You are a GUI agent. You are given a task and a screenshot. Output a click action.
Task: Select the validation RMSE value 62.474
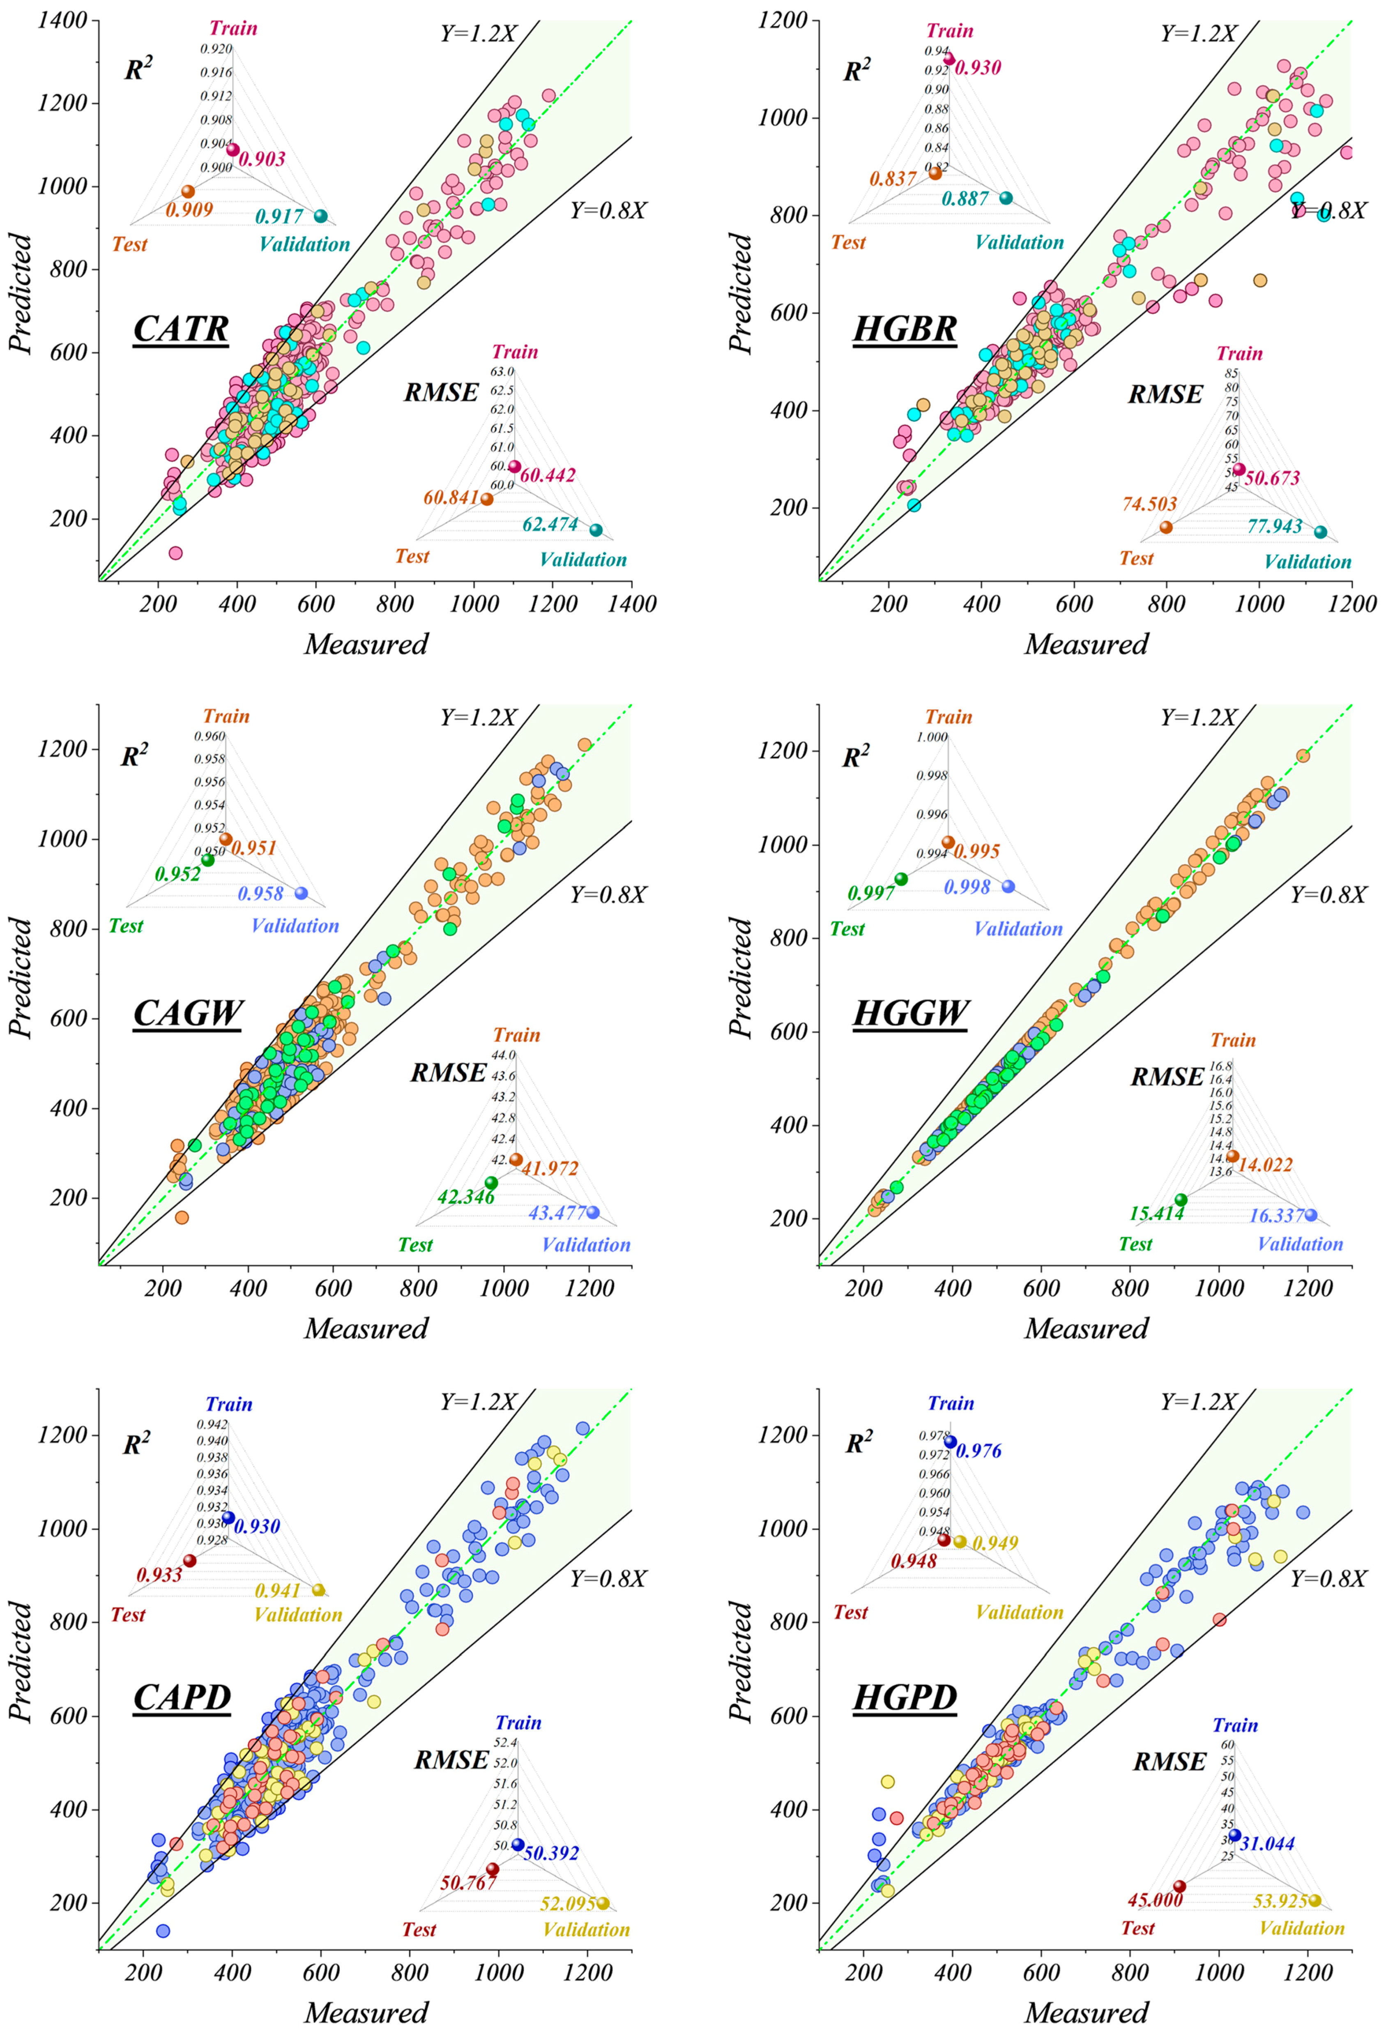550,524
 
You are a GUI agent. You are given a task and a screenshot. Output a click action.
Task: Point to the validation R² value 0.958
261,894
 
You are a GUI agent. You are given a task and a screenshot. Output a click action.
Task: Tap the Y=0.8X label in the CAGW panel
608,894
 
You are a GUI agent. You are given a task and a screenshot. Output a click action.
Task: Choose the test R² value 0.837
893,179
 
